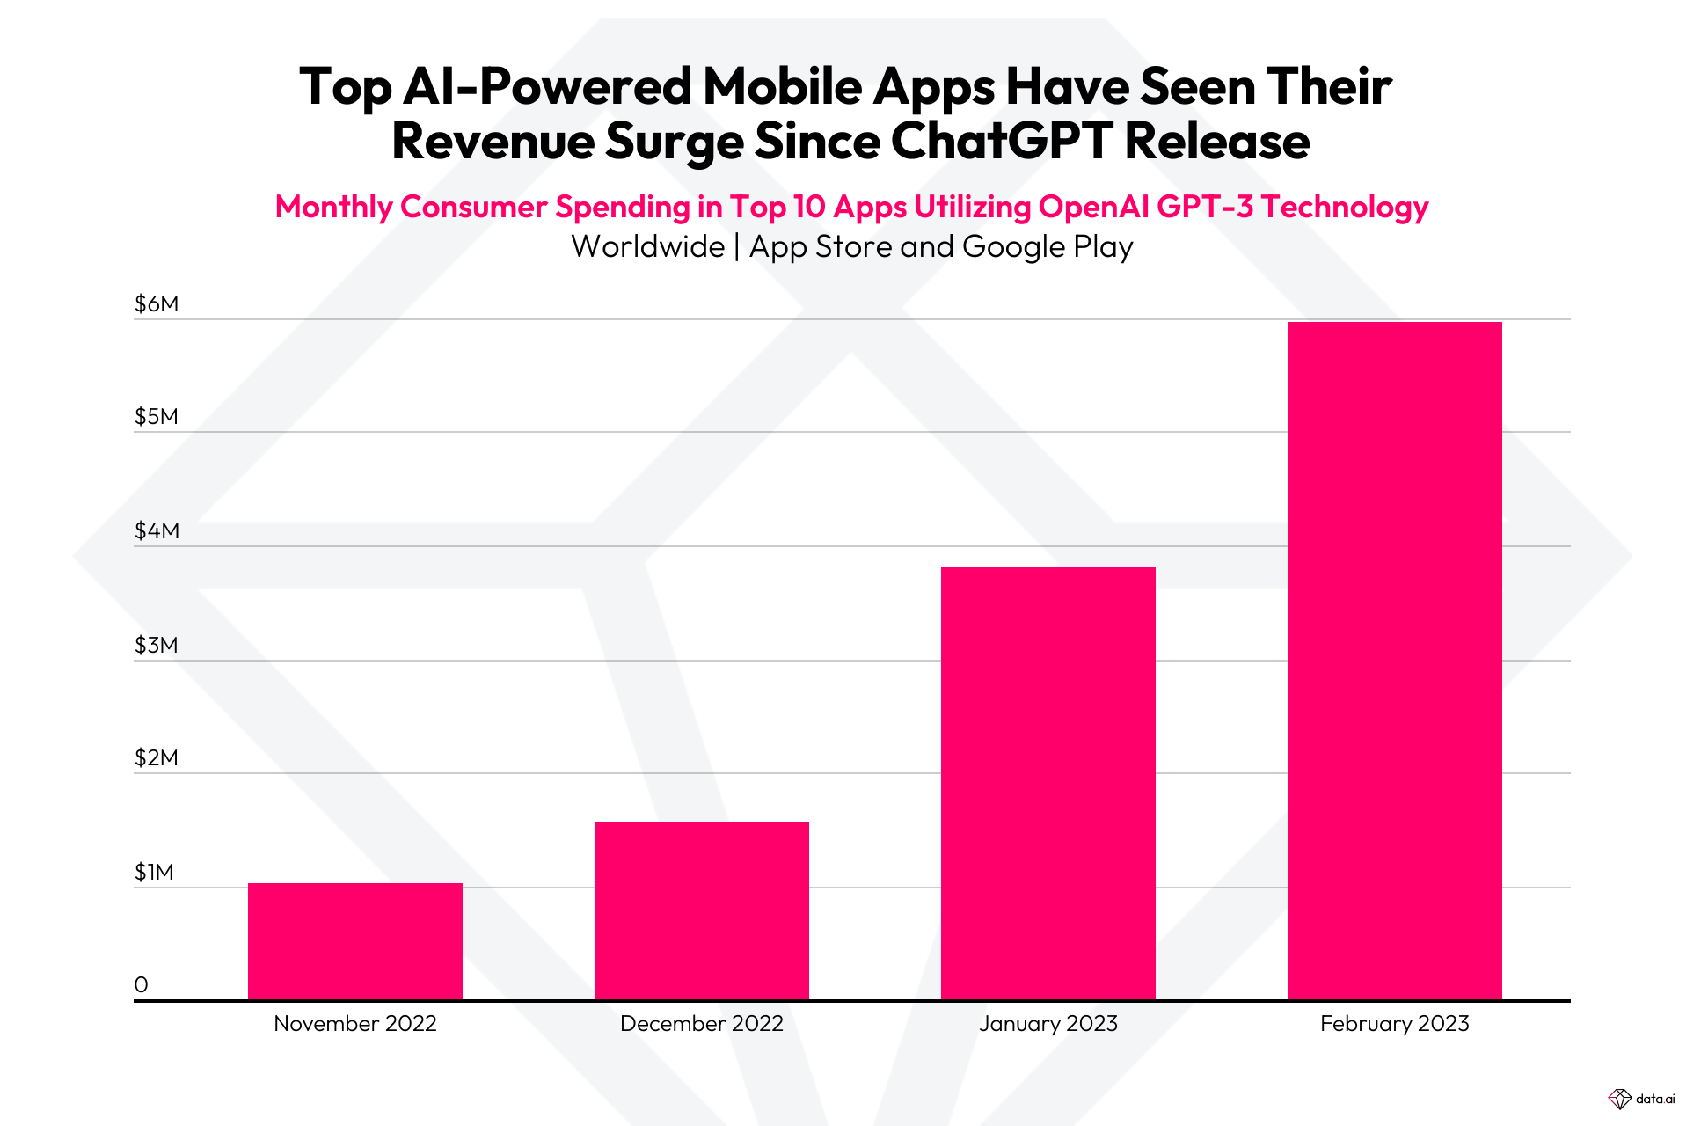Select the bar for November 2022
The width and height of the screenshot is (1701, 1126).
pos(354,941)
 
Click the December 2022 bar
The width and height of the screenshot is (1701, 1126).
pos(701,910)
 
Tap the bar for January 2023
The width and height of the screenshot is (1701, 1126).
pos(1048,783)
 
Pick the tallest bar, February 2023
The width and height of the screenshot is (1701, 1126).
pos(1394,660)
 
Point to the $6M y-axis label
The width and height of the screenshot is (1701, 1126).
pos(156,304)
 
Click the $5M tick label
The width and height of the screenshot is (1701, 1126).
pos(156,417)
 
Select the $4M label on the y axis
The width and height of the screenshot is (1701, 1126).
pos(156,531)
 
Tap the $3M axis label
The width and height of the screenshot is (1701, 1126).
pos(156,646)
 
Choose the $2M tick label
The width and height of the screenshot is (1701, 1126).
pos(156,758)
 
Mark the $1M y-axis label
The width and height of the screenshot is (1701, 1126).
pos(154,873)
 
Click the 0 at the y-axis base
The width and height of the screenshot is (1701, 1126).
pos(141,985)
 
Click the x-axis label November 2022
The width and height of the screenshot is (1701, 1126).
pos(354,1024)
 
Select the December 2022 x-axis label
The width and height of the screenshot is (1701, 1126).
pos(701,1024)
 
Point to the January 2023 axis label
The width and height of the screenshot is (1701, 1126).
pos(1048,1024)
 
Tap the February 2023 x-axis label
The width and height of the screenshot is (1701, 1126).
pos(1394,1024)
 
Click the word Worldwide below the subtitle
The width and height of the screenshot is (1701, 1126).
pos(647,247)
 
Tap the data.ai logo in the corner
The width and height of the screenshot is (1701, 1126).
pos(1641,1099)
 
